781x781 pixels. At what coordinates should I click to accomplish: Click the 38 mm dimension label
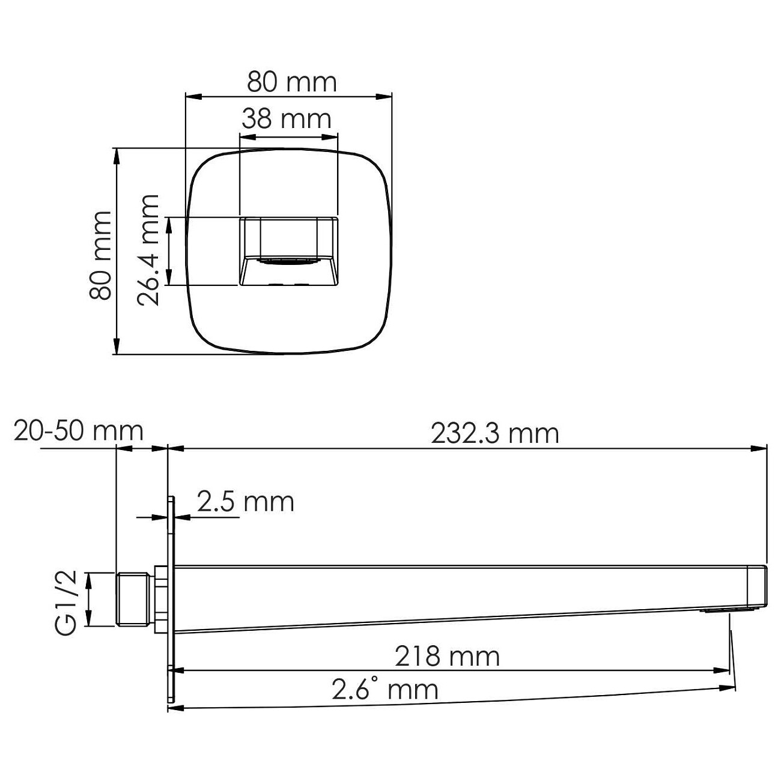coord(287,119)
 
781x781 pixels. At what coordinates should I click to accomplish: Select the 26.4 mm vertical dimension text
coord(148,250)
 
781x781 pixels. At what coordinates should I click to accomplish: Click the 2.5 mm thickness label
coord(245,502)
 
